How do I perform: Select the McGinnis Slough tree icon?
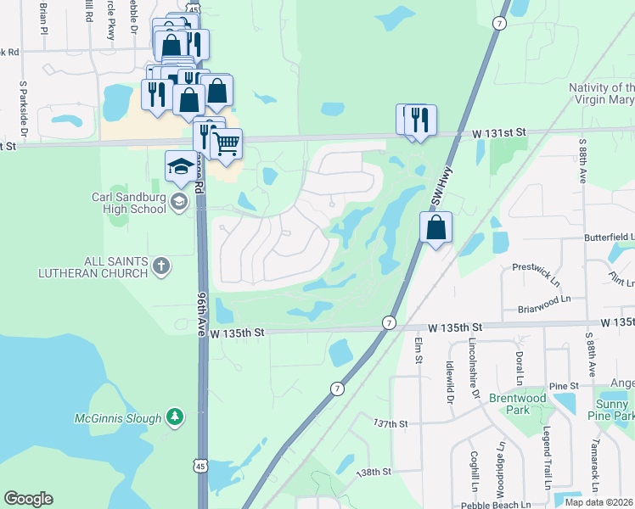coord(174,417)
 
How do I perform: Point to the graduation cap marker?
coord(180,166)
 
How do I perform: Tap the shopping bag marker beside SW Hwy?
coord(436,227)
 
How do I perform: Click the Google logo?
coord(28,499)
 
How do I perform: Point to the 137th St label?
coord(391,422)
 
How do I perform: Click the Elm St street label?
coord(419,353)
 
